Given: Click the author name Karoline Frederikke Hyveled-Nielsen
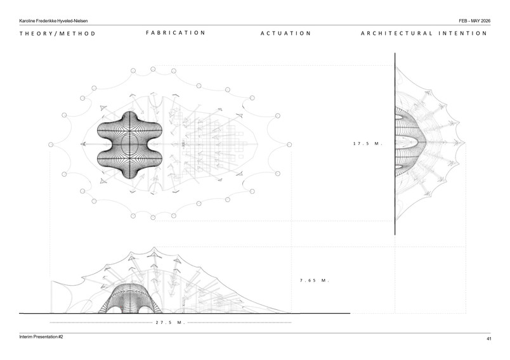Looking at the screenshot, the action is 53,21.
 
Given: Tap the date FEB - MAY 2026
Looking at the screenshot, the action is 474,21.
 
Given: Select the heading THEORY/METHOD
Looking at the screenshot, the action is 57,34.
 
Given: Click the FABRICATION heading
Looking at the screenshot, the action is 175,32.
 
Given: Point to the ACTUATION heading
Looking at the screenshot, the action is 285,33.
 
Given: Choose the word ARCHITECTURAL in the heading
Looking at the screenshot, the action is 396,33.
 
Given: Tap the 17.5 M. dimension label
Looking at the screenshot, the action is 367,143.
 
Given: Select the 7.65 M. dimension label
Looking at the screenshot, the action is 314,280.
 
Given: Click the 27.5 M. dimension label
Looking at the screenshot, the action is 170,323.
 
